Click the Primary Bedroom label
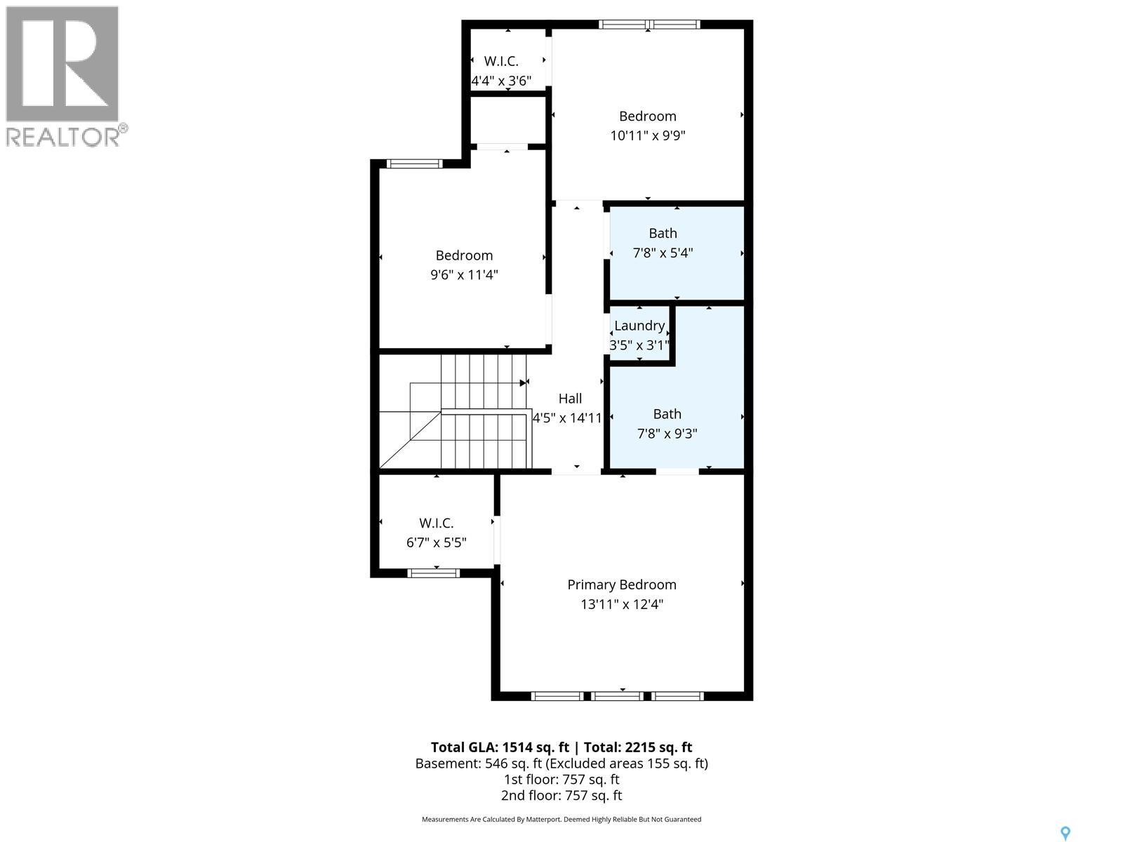[x=621, y=584]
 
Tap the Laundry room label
[x=639, y=326]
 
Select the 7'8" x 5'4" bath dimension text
[x=663, y=253]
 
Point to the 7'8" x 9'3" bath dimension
[x=667, y=434]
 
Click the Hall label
[x=570, y=399]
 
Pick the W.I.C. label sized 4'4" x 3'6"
[x=501, y=62]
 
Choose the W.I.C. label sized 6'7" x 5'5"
[x=437, y=523]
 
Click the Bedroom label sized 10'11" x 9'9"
[x=647, y=116]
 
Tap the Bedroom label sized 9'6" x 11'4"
[x=464, y=255]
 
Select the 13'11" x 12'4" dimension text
[x=621, y=604]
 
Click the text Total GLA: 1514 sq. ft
[x=499, y=747]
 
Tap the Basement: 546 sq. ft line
[x=561, y=763]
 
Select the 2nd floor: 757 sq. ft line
[x=561, y=796]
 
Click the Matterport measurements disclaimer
[x=561, y=820]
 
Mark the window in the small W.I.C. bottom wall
[x=434, y=573]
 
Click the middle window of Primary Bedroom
[x=616, y=696]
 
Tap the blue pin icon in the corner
[x=1065, y=833]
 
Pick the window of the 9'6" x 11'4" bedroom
[x=414, y=164]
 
